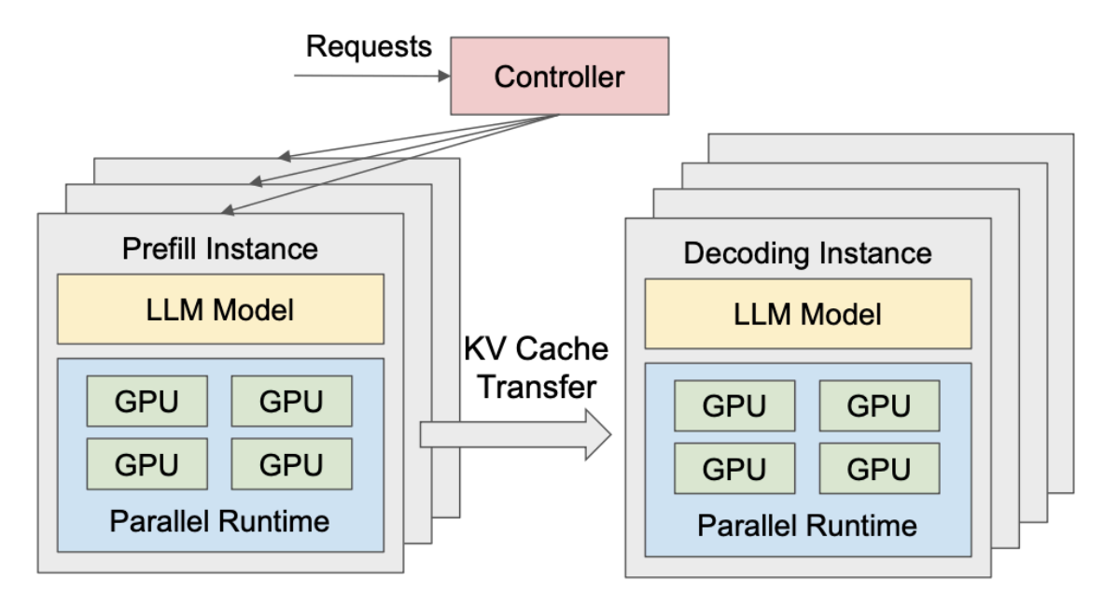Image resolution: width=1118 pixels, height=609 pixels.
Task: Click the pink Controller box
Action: (559, 76)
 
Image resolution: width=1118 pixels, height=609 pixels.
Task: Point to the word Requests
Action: (370, 46)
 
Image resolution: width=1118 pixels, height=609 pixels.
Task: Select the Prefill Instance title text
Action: (220, 249)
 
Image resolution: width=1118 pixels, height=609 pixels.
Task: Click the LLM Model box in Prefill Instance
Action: (220, 308)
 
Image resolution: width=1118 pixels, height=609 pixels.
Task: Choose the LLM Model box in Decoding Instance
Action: (808, 313)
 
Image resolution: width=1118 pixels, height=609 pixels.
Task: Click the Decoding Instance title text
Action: (808, 253)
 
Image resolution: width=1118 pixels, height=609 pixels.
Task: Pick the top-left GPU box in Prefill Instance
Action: (147, 402)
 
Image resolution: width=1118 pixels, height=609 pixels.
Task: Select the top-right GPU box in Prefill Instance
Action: (291, 402)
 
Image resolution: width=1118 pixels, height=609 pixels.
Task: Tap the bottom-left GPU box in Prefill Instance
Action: (147, 463)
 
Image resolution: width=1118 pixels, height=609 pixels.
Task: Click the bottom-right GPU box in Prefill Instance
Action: (291, 463)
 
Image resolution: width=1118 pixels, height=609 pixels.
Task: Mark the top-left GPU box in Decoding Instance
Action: (734, 405)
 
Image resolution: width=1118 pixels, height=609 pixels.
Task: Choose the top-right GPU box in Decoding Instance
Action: (879, 405)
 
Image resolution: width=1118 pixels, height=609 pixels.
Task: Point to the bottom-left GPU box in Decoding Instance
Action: (734, 468)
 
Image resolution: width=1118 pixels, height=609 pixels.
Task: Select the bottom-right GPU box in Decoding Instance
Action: (879, 468)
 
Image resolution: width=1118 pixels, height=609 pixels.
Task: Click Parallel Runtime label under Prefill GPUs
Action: (220, 520)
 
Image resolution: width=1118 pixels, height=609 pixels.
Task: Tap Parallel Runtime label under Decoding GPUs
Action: (808, 525)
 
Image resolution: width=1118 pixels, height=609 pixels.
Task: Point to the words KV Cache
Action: (536, 351)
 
